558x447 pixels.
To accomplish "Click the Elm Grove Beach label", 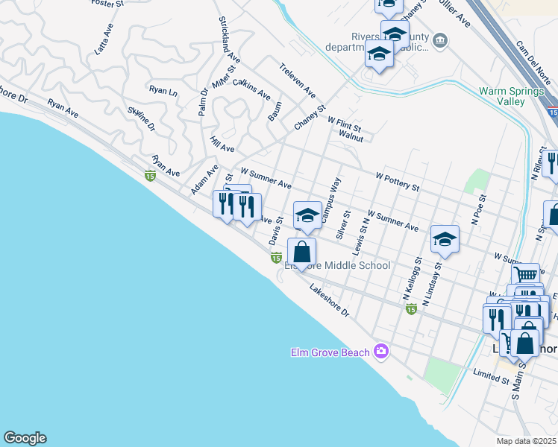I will (330, 352).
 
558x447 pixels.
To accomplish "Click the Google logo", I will (25, 438).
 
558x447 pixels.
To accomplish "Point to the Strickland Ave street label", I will (230, 39).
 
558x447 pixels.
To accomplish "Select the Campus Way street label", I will (330, 200).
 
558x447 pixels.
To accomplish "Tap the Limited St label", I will (490, 375).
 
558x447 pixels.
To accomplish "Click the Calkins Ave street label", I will (251, 89).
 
